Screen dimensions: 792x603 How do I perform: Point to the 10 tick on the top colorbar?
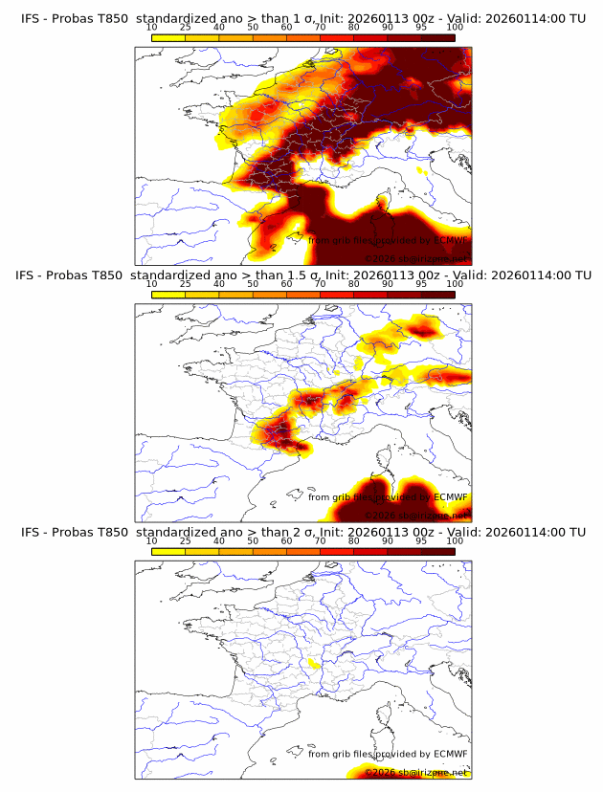point(152,27)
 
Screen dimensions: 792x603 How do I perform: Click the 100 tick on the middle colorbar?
point(455,283)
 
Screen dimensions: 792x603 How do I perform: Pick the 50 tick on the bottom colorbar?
point(253,540)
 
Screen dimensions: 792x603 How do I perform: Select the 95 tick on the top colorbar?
point(421,27)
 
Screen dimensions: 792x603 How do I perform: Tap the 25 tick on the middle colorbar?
point(186,283)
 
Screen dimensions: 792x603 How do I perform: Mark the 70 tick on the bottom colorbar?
point(321,540)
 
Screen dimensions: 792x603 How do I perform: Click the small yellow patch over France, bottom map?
point(312,663)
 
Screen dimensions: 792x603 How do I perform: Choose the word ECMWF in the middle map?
point(451,496)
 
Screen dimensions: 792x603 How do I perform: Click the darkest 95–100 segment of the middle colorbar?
point(437,294)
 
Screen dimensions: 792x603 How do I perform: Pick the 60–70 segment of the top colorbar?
point(303,37)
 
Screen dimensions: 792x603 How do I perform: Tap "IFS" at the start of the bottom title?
point(31,532)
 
